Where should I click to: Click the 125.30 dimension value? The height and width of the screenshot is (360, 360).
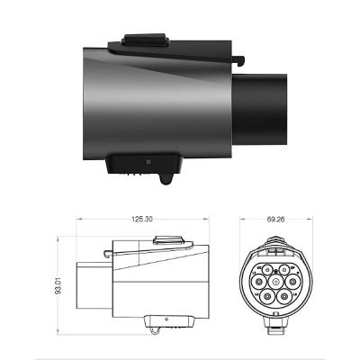pyautogui.click(x=140, y=219)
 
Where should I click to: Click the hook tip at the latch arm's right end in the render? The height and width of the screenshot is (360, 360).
pyautogui.click(x=244, y=61)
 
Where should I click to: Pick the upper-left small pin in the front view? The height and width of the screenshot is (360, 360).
pyautogui.click(x=262, y=267)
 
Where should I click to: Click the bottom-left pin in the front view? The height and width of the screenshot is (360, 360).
pyautogui.click(x=262, y=293)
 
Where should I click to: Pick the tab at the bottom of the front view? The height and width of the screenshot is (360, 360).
pyautogui.click(x=271, y=321)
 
